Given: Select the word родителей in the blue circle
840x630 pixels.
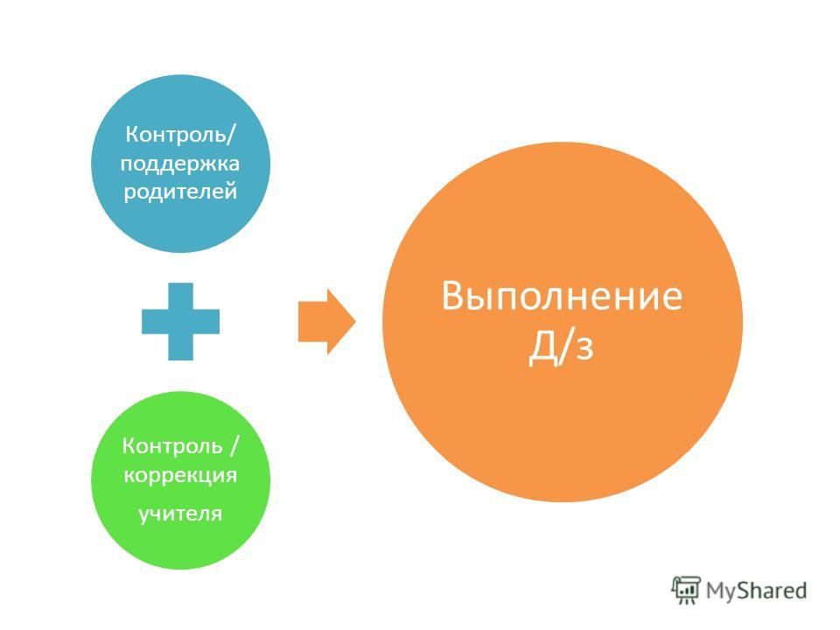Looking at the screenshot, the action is tap(180, 192).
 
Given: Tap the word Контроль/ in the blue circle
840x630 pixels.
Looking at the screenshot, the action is tap(180, 134).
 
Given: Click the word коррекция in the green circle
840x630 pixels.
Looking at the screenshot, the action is tap(180, 476).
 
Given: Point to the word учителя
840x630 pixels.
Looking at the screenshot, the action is tap(180, 514).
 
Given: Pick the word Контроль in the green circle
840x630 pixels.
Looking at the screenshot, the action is tap(172, 445).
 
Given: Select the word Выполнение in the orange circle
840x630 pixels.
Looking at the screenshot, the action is tap(562, 296).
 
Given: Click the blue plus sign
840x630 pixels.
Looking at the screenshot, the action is tap(180, 321).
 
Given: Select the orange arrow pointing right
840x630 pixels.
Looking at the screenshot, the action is tap(326, 321).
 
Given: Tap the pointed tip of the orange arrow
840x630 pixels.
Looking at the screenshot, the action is tap(356, 321).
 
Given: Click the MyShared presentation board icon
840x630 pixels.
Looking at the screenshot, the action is tap(686, 591).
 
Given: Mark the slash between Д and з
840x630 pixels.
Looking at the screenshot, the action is tap(565, 346).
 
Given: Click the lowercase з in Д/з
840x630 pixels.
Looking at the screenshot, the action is tap(585, 349).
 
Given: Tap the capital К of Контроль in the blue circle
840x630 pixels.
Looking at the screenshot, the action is tap(131, 134).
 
